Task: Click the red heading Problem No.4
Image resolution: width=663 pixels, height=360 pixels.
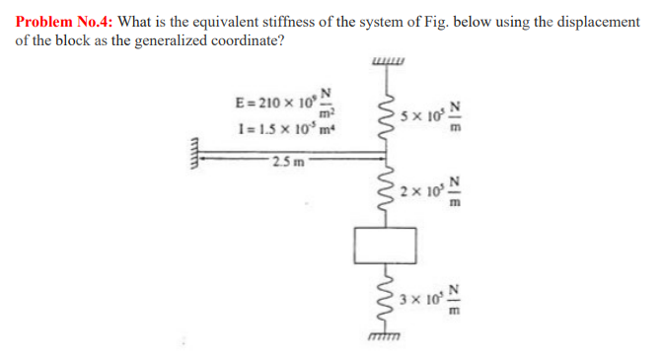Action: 63,22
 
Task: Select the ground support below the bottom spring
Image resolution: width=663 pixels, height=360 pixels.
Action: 381,339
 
